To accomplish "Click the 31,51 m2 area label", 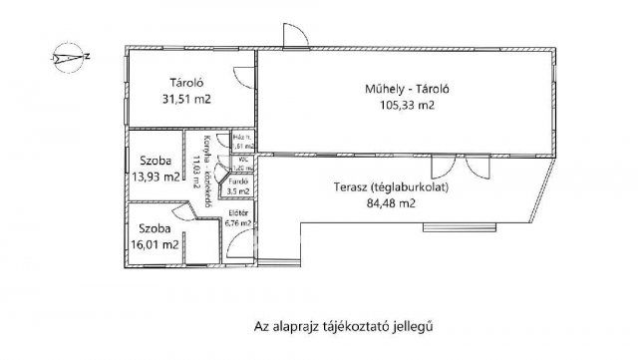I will coord(184,100).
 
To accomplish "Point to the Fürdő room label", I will coord(238,182).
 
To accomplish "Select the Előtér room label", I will coord(238,214).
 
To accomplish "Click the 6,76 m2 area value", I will coord(239,224).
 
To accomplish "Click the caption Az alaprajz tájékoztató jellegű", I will coord(333,325).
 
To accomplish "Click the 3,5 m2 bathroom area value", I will coord(239,191).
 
